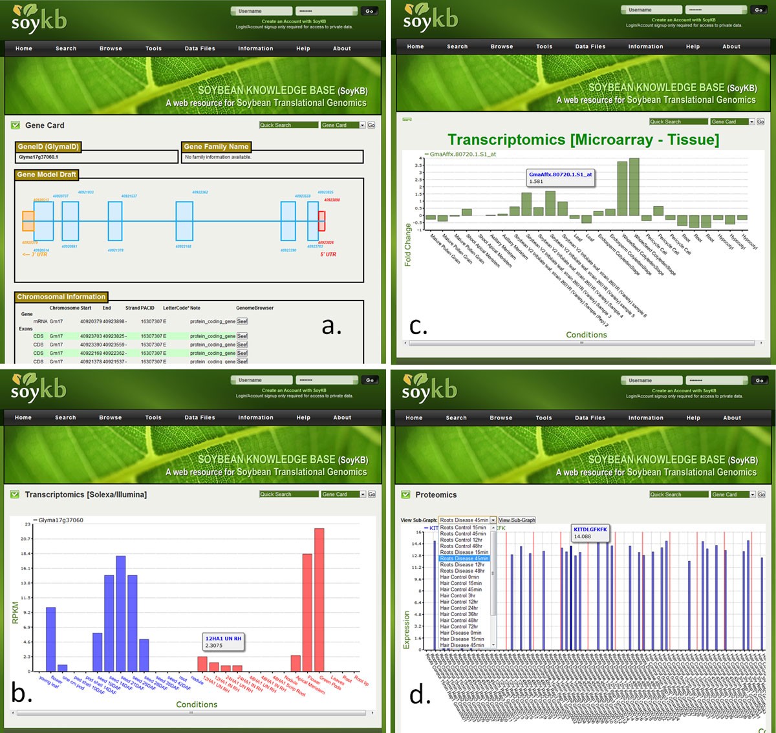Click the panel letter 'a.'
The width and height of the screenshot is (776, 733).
[331, 326]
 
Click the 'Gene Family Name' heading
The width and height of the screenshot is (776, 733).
[216, 147]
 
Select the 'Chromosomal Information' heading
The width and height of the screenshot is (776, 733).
[61, 297]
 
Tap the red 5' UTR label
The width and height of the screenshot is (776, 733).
[328, 254]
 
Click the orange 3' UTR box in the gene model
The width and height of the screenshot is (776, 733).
[28, 221]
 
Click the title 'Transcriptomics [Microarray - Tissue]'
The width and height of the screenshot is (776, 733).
[583, 140]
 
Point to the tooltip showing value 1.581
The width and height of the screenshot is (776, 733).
[561, 178]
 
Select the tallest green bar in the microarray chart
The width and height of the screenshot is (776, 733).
[634, 187]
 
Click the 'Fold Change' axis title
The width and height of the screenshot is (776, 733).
[408, 245]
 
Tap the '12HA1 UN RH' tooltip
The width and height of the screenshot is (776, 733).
[223, 641]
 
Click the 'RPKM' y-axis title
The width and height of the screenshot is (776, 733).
[15, 613]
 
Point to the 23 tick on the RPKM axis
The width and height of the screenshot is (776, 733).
[28, 524]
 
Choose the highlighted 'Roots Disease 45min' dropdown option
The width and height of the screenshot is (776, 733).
[464, 558]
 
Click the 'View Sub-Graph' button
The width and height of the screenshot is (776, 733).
[517, 520]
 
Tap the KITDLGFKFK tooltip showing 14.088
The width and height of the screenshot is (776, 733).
[590, 533]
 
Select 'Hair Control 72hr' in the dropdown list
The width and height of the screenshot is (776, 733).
[459, 626]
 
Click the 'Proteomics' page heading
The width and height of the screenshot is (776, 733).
[436, 495]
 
